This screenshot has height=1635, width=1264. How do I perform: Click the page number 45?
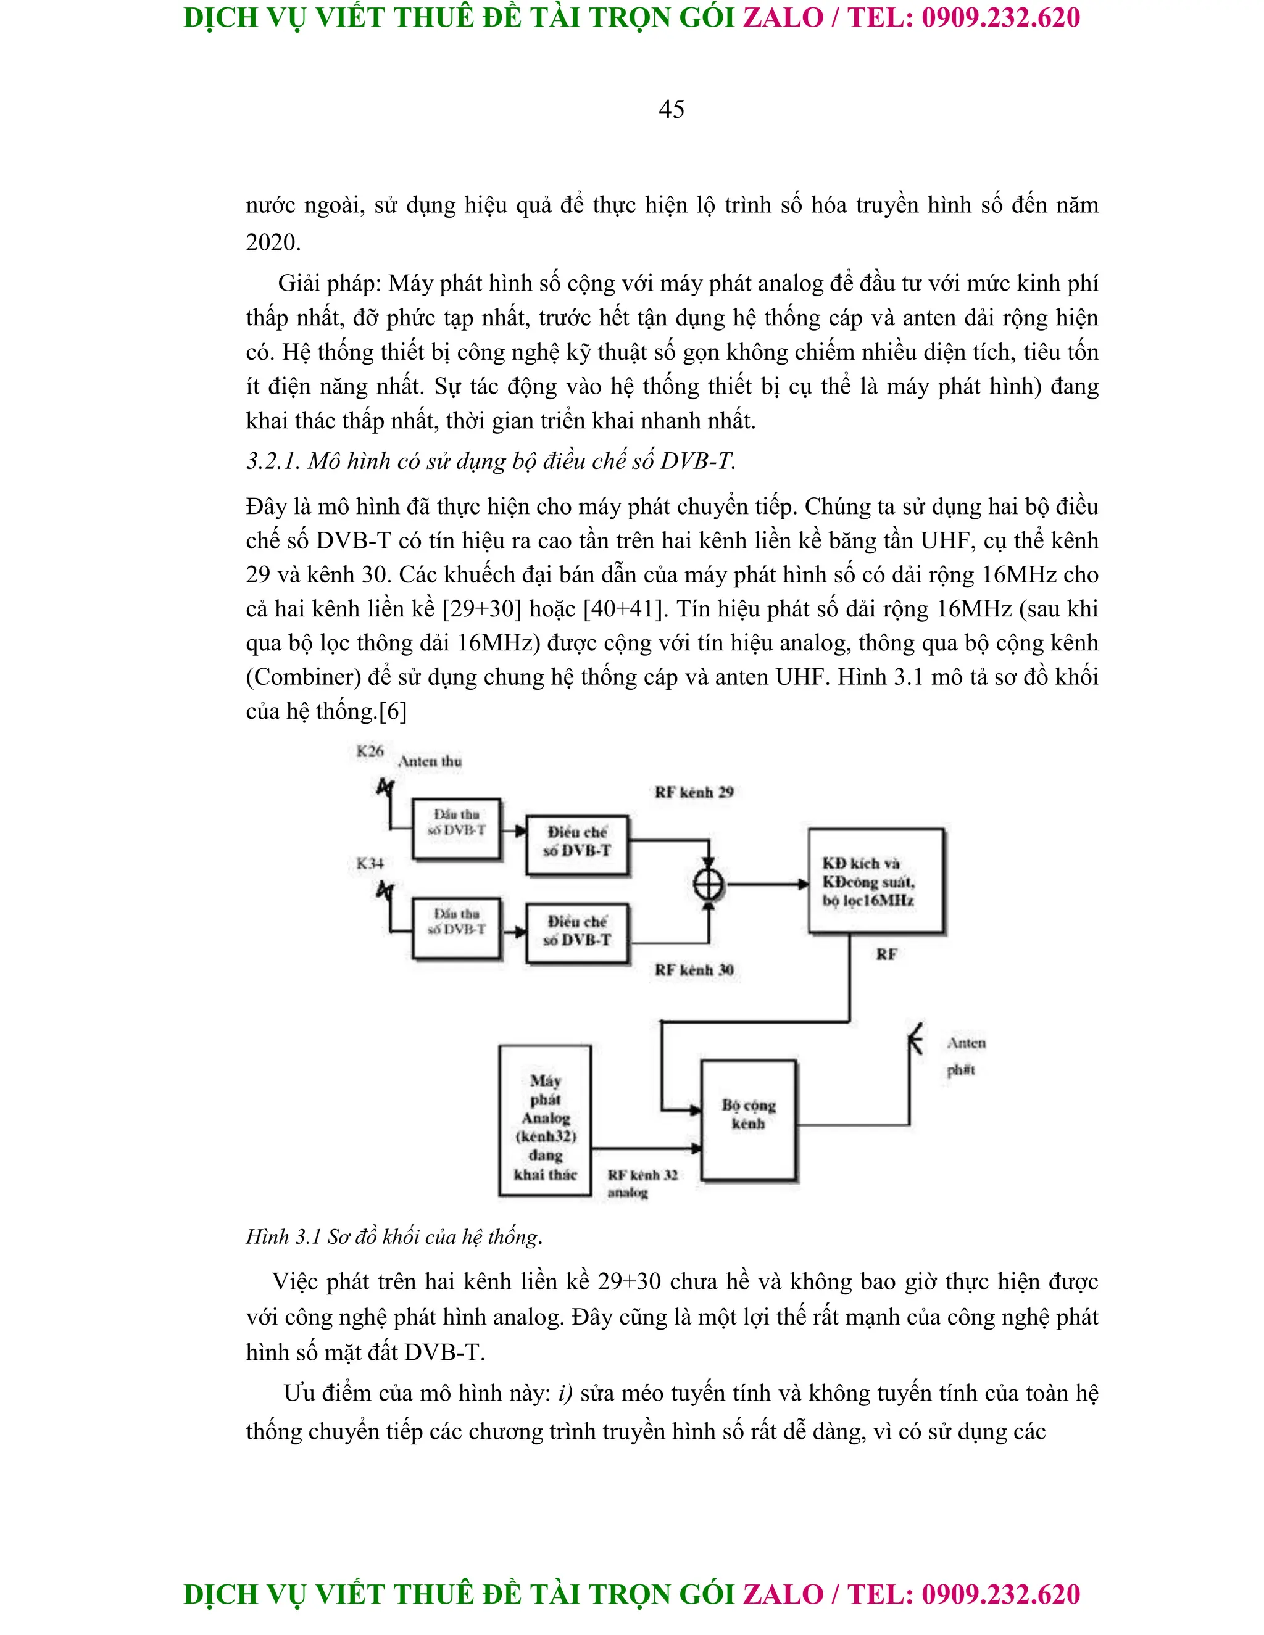click(x=671, y=109)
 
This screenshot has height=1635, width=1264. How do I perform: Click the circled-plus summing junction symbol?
click(x=709, y=885)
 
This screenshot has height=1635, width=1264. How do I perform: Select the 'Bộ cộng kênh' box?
click(x=748, y=1120)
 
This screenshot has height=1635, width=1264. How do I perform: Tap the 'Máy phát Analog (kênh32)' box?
click(x=545, y=1120)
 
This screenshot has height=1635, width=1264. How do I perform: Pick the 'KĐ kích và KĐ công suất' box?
click(x=875, y=881)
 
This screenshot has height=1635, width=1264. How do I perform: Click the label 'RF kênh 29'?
click(x=693, y=792)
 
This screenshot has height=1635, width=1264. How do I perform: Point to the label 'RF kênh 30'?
click(x=693, y=971)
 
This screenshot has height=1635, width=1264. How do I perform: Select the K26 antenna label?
click(x=370, y=751)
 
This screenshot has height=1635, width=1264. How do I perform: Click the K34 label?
click(x=370, y=863)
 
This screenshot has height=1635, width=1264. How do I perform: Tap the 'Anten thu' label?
click(x=430, y=761)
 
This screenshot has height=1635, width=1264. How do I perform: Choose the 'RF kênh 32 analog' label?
click(x=642, y=1183)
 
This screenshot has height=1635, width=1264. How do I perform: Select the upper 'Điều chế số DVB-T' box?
click(x=576, y=842)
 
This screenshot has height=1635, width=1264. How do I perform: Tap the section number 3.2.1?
click(x=273, y=461)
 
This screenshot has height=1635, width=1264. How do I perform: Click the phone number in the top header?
click(x=1000, y=18)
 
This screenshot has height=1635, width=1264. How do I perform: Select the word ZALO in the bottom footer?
click(x=783, y=1594)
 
